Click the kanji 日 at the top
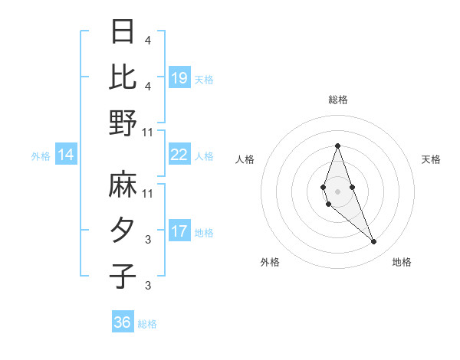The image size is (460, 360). [123, 31]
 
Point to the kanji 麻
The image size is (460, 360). [123, 185]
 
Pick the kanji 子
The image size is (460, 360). [123, 277]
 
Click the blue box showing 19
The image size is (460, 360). [179, 77]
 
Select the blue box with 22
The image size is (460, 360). [179, 155]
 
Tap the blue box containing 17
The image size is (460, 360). [179, 231]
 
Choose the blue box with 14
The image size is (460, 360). [66, 155]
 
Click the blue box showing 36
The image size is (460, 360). [123, 322]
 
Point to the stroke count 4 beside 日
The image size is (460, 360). [147, 40]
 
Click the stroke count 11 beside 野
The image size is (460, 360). [149, 132]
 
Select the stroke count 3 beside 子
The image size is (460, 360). [147, 286]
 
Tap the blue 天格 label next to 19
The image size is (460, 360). [204, 79]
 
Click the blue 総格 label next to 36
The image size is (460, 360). [147, 324]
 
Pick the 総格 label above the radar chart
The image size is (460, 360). [337, 100]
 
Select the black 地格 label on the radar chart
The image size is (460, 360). [402, 262]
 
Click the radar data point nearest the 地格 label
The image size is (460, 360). [373, 241]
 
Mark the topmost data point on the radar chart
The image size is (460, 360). [337, 146]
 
